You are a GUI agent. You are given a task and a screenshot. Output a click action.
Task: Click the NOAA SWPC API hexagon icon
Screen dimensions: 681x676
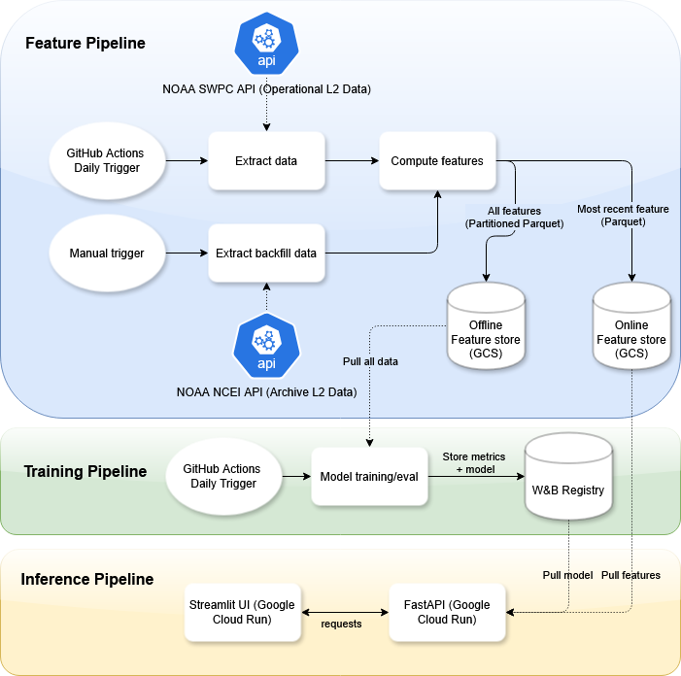coord(266,44)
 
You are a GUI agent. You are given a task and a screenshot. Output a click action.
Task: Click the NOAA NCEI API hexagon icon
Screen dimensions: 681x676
coord(266,346)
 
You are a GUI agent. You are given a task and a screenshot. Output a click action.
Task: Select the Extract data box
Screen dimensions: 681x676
coord(266,161)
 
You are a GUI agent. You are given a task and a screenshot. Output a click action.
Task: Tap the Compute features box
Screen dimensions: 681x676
coord(437,161)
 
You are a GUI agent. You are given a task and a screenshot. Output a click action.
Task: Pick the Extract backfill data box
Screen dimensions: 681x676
coord(266,253)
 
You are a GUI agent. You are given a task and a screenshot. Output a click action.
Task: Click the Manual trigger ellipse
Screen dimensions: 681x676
coord(107,253)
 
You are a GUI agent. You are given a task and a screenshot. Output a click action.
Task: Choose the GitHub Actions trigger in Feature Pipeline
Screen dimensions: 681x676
coord(107,160)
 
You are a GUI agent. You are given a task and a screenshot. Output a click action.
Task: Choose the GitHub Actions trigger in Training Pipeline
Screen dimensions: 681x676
coord(223,476)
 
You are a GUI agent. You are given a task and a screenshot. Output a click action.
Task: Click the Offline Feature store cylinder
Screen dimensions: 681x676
coord(486,326)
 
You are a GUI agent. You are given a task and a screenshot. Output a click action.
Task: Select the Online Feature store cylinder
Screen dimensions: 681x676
coord(631,326)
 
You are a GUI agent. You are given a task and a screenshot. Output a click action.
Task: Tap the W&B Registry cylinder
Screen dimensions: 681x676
coord(568,476)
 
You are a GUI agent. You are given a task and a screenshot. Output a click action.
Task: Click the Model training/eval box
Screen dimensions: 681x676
coord(369,476)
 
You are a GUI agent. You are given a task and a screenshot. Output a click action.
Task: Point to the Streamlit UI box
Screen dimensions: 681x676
coord(242,612)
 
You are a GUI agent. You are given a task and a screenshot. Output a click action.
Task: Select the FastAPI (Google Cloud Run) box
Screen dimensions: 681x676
coord(447,612)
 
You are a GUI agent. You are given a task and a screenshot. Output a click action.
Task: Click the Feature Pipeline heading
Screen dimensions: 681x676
coord(85,43)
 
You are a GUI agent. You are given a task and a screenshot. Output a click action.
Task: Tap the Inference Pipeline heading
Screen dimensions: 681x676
coord(87,579)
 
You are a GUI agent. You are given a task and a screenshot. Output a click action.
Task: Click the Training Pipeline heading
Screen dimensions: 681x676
coord(85,471)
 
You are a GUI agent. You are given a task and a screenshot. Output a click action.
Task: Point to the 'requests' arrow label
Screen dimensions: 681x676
coord(341,624)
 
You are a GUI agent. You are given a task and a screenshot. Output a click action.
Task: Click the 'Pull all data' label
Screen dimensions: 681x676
coord(370,361)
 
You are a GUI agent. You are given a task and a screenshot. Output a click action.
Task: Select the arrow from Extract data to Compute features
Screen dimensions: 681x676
coord(353,161)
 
